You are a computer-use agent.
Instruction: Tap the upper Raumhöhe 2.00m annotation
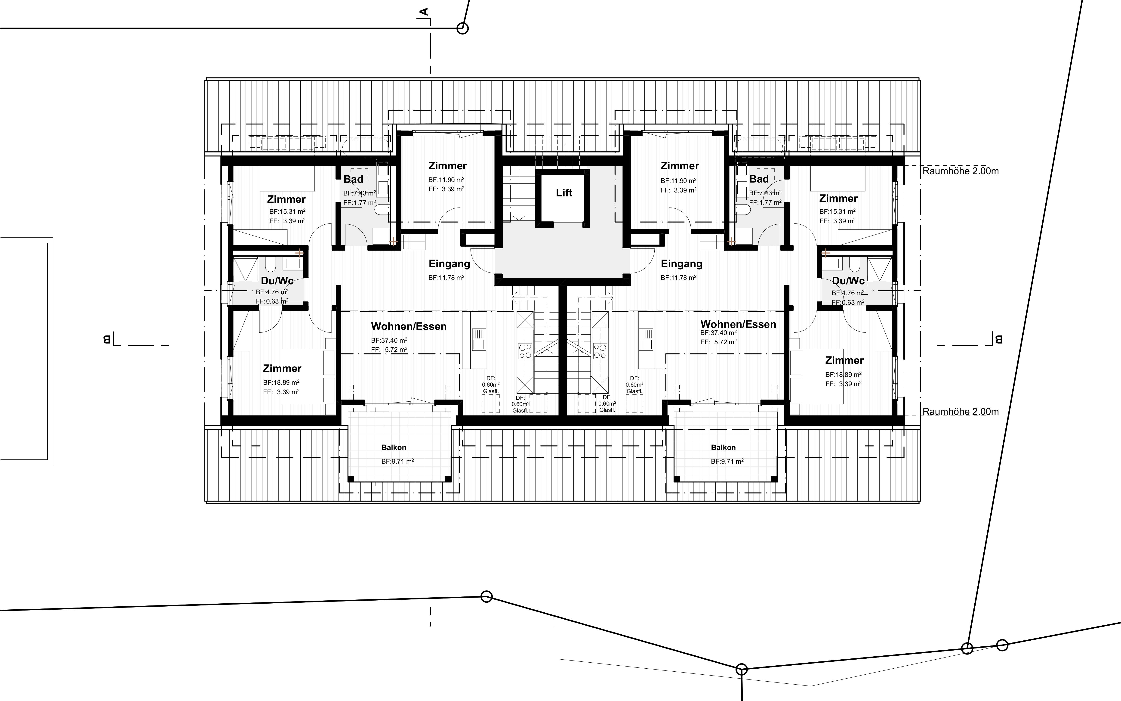960,171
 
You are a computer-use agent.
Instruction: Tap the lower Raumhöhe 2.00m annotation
960,412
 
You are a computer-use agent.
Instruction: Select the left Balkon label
394,447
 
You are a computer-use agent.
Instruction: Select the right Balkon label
723,447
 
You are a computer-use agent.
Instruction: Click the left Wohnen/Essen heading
409,326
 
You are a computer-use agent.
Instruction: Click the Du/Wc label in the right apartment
848,281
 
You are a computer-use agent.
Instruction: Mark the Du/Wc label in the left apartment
277,281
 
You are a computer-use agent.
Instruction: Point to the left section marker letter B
107,340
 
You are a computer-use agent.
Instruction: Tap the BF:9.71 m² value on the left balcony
397,461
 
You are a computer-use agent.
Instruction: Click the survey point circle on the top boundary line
462,28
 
